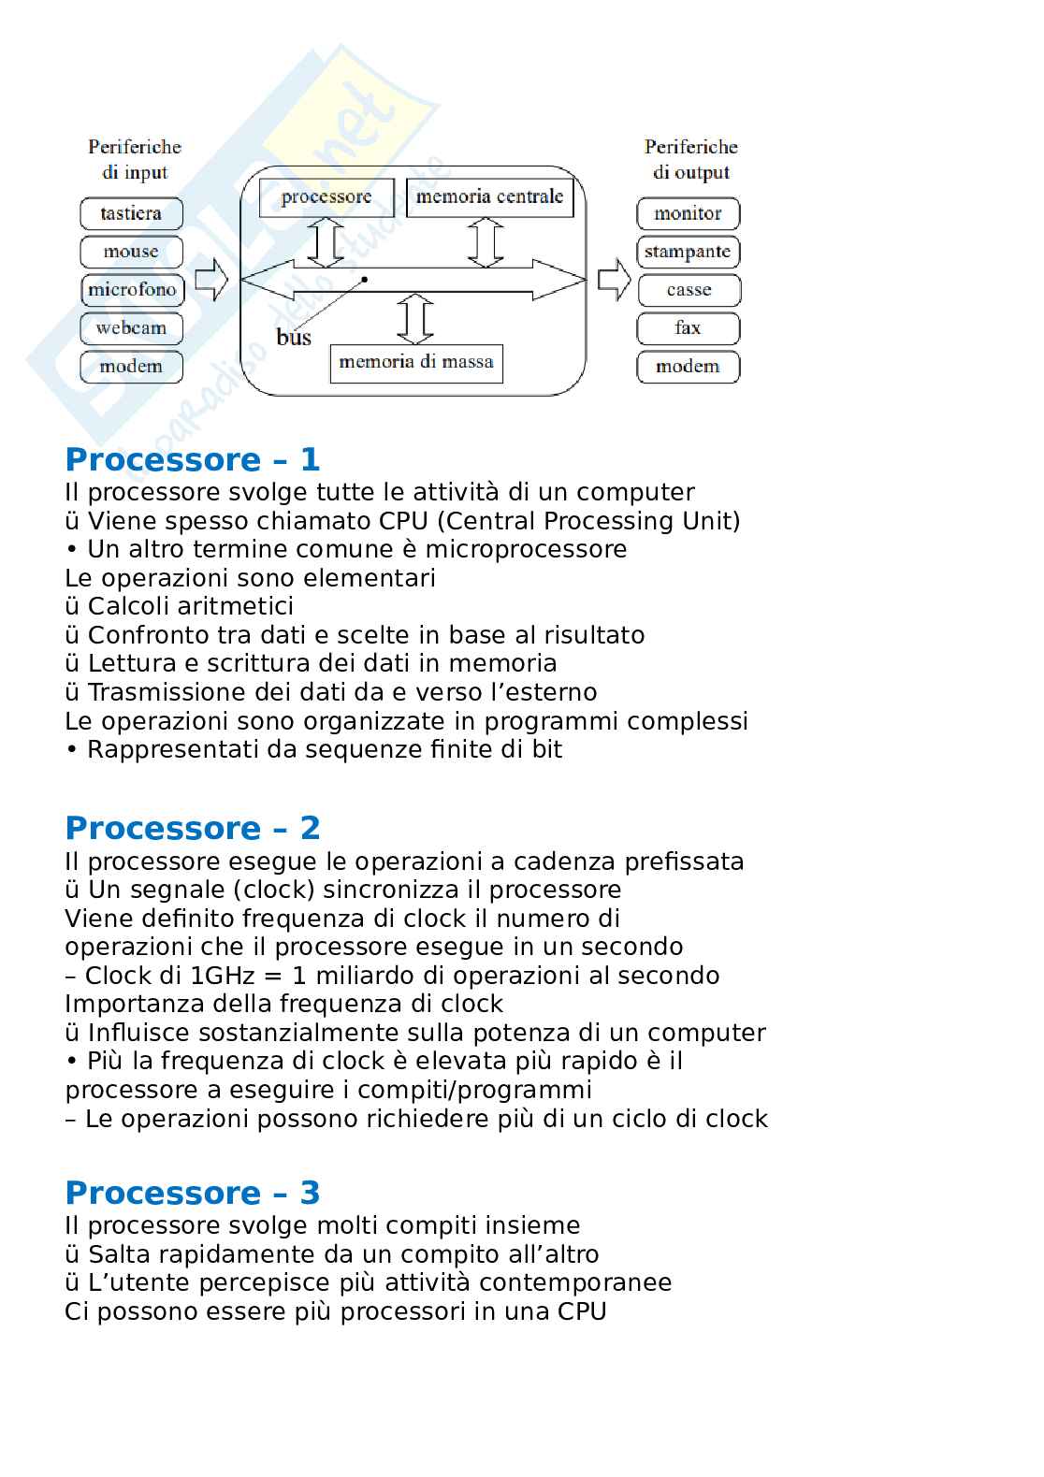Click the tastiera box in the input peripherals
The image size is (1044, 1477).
(x=131, y=213)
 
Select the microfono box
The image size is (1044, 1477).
(x=132, y=290)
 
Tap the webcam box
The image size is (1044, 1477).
(x=131, y=328)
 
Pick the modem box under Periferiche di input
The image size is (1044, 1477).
(x=131, y=367)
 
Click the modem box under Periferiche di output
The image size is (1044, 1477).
(x=688, y=367)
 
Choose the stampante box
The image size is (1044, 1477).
(x=688, y=252)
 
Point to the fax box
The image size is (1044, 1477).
(x=688, y=328)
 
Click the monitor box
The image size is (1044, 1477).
(x=688, y=213)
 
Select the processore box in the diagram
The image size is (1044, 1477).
(x=326, y=197)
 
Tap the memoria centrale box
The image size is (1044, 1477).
(x=489, y=197)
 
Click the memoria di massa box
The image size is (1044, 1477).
(x=416, y=363)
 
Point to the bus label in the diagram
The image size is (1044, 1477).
(x=294, y=338)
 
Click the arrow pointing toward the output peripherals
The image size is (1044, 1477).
(x=614, y=279)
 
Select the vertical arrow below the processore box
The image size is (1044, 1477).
(x=326, y=243)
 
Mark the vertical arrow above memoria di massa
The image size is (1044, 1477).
(x=415, y=320)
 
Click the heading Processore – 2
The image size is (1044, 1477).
(x=193, y=828)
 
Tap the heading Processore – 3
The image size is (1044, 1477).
(x=193, y=1193)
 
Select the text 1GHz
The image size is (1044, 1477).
(x=223, y=976)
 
